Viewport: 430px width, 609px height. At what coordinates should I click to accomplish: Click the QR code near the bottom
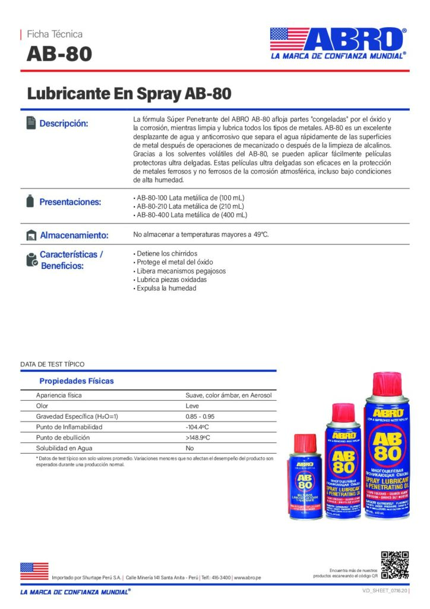(395, 565)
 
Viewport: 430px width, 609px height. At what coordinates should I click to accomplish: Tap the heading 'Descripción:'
(64, 124)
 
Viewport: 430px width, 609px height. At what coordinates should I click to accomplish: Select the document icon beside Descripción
(31, 123)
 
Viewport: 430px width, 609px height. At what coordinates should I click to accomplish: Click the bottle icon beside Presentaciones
(30, 201)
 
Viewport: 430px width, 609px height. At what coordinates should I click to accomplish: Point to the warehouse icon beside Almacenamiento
(31, 235)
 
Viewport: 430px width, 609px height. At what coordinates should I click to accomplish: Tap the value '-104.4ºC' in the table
(196, 427)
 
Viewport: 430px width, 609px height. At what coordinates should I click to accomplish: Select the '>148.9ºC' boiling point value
(197, 438)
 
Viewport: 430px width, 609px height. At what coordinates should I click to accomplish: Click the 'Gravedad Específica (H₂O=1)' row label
(77, 416)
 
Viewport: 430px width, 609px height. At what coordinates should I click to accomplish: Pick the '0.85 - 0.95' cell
(200, 416)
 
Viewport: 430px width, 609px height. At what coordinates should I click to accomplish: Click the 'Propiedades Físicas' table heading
(76, 381)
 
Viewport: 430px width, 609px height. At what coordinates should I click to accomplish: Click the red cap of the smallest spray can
(305, 442)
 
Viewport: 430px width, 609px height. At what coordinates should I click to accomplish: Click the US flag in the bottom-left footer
(34, 571)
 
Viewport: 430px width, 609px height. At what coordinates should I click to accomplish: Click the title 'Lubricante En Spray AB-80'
(129, 93)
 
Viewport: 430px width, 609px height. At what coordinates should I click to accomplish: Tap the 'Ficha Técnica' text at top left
(55, 34)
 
